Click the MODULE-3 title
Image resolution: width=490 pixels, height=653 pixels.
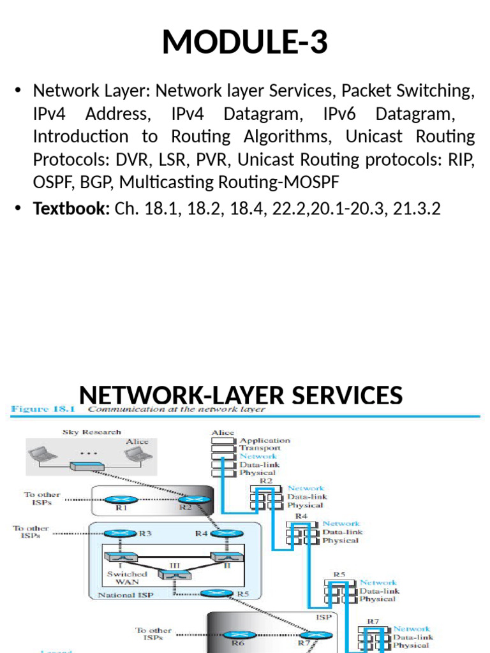click(x=245, y=42)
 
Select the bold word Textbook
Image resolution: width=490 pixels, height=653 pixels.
click(x=71, y=208)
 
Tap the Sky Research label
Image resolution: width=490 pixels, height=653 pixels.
click(x=91, y=432)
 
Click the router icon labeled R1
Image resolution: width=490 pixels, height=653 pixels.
click(x=121, y=500)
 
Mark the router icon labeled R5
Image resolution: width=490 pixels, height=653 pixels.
click(x=216, y=594)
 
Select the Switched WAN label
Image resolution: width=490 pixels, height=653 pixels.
click(x=126, y=578)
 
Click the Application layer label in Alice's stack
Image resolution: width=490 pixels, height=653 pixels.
click(x=264, y=440)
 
